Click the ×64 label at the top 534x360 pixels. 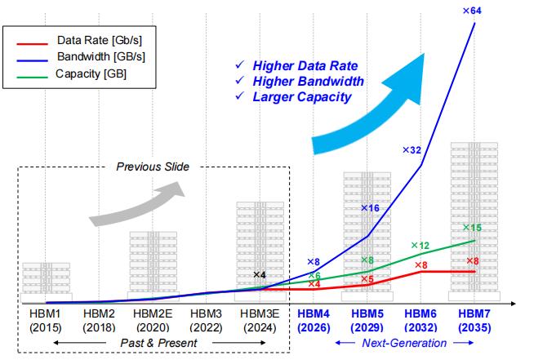click(x=472, y=11)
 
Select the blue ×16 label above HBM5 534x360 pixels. click(x=372, y=208)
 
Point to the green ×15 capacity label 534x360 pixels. click(x=473, y=228)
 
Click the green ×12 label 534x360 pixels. click(x=420, y=246)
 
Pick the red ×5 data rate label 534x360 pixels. click(x=367, y=279)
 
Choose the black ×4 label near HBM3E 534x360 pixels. click(x=260, y=275)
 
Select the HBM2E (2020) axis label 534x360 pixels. click(x=153, y=320)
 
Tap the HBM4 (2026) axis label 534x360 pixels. click(x=314, y=320)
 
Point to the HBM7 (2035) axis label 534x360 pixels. click(x=474, y=320)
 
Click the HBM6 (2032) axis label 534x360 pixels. click(x=421, y=320)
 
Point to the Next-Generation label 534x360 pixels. click(x=404, y=344)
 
